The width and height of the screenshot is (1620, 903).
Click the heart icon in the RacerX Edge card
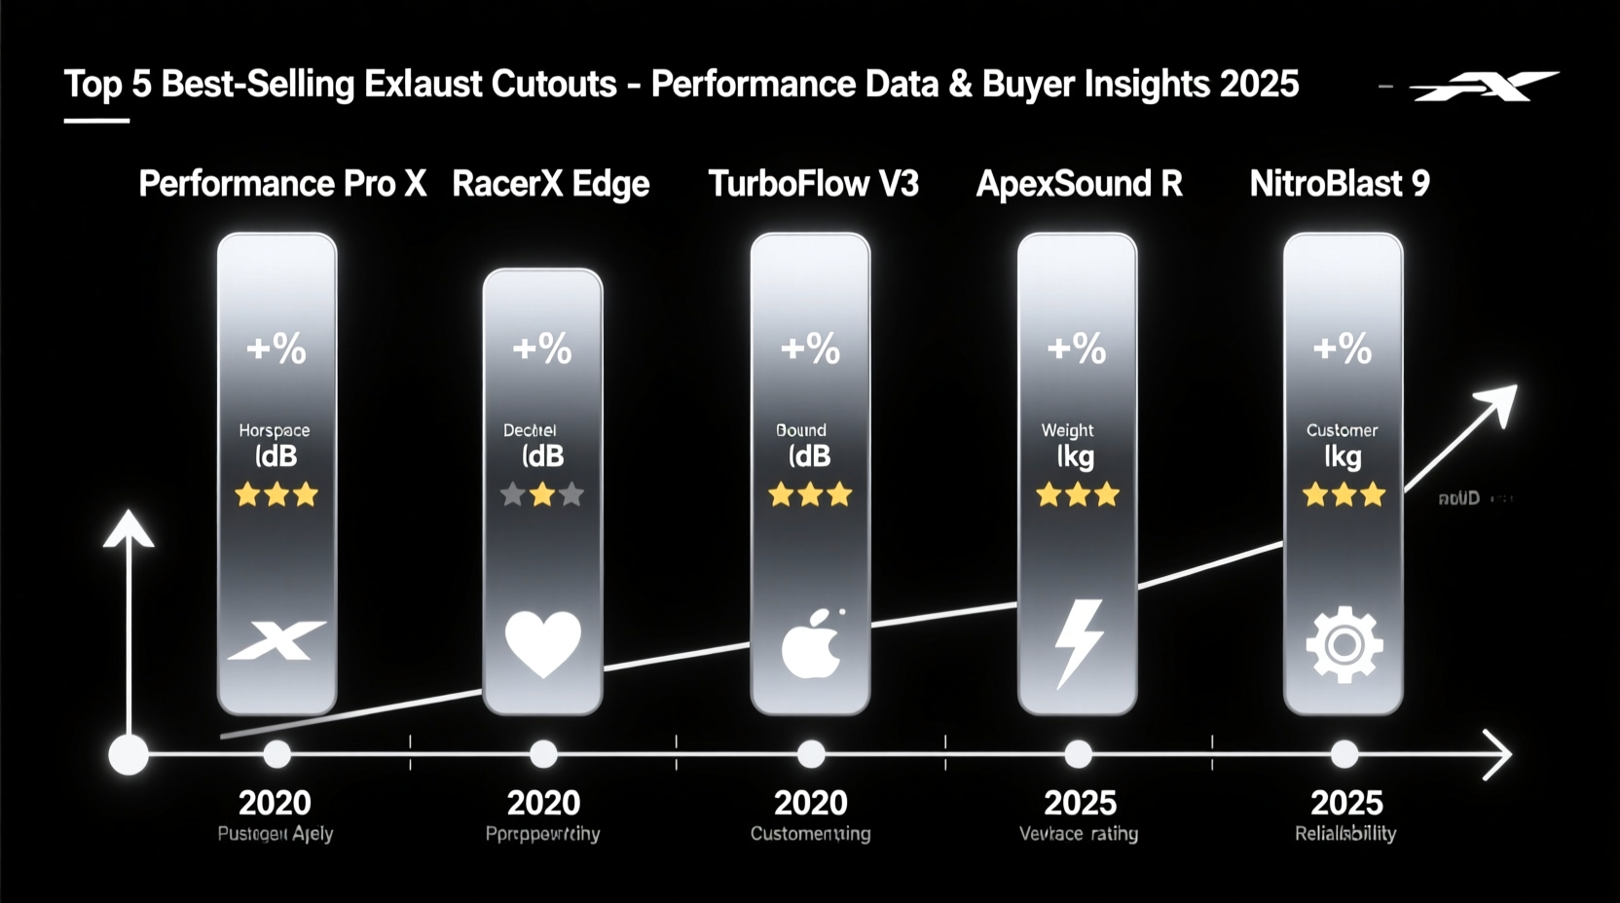(543, 643)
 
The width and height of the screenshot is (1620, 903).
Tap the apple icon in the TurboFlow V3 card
(811, 644)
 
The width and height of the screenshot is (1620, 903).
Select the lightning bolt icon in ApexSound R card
(1079, 643)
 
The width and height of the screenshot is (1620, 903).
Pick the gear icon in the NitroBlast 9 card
(1344, 644)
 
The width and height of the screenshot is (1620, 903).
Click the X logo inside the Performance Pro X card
(277, 640)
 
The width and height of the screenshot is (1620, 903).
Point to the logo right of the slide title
(1484, 87)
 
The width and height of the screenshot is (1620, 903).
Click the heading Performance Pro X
(282, 184)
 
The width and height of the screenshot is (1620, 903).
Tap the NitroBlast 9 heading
(1340, 184)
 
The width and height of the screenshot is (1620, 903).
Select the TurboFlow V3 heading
(813, 184)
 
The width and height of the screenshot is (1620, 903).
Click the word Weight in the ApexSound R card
(1067, 430)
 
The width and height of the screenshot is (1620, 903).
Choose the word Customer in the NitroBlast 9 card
(1342, 430)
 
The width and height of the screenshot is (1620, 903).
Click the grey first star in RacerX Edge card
(513, 495)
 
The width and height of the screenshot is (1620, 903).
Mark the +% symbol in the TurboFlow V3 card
(810, 348)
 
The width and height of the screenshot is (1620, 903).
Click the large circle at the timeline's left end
(129, 754)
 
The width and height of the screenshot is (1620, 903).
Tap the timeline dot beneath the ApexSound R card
(1078, 754)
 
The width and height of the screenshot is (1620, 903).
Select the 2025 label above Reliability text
(1346, 803)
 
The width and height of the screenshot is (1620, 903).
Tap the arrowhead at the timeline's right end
(1498, 754)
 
